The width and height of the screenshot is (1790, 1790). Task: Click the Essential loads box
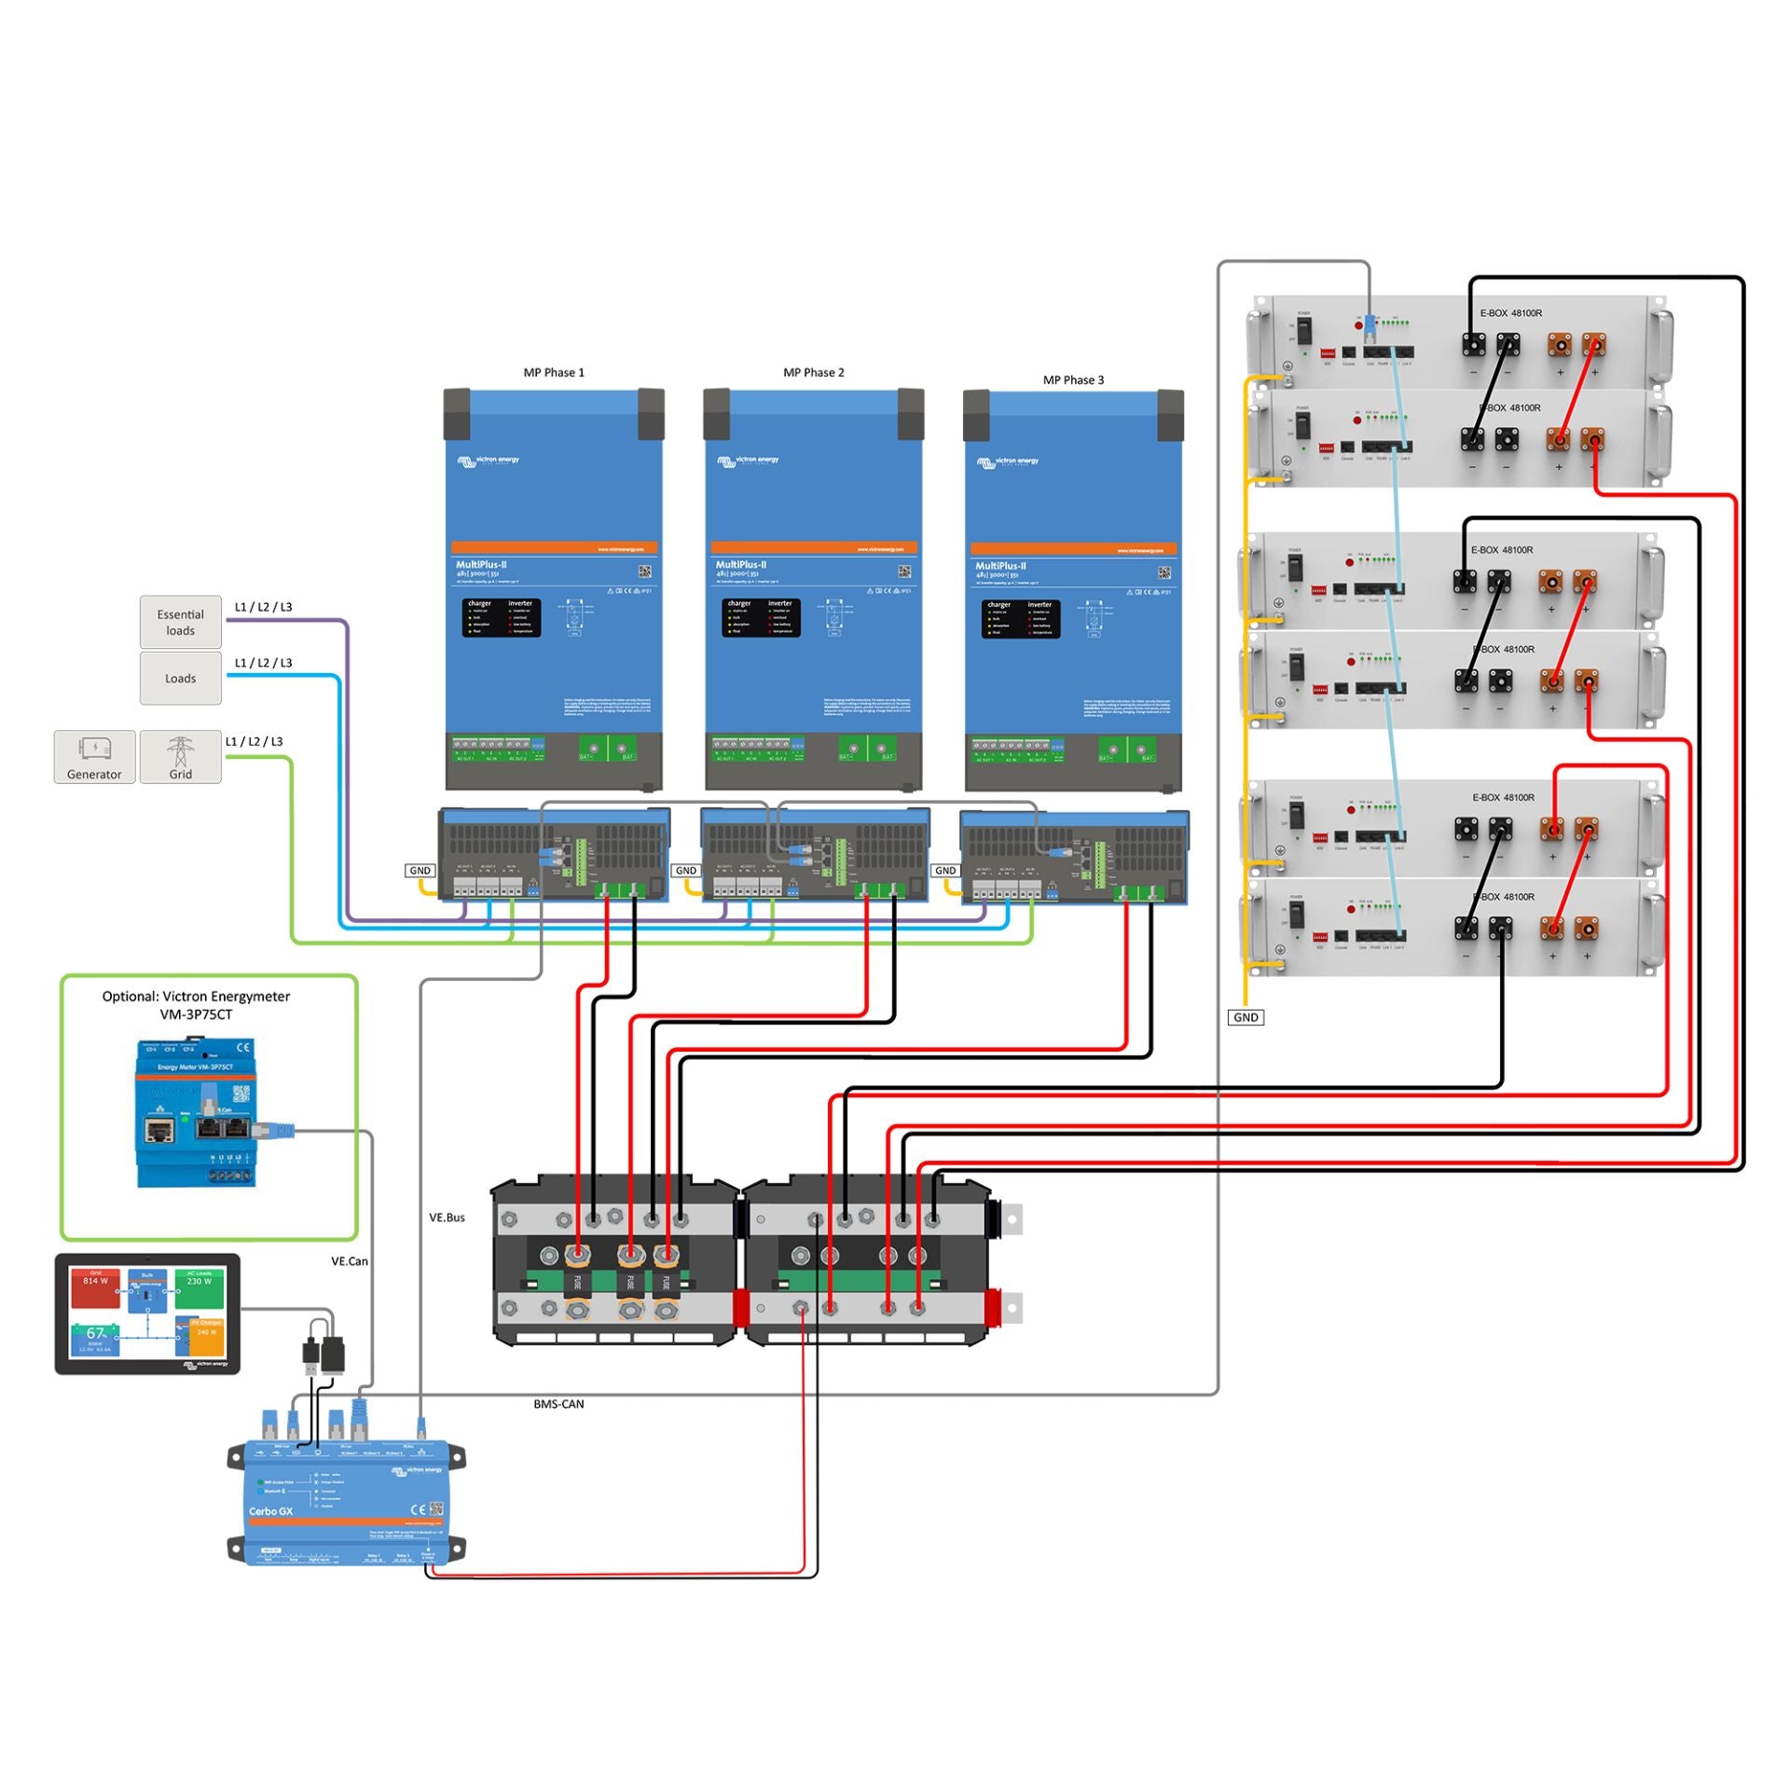pyautogui.click(x=180, y=622)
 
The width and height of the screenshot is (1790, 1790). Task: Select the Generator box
pyautogui.click(x=94, y=756)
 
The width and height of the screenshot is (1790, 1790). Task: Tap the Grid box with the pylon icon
pyautogui.click(x=180, y=756)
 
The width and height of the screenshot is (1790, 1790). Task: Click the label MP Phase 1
pyautogui.click(x=554, y=372)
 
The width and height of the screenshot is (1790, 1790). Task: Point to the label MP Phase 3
pyautogui.click(x=1073, y=379)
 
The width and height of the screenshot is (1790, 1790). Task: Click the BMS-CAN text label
pyautogui.click(x=558, y=1403)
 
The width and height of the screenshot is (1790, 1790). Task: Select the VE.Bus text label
pyautogui.click(x=447, y=1217)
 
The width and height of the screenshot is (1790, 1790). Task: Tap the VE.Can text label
pyautogui.click(x=350, y=1260)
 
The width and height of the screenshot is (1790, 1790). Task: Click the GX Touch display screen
pyautogui.click(x=147, y=1313)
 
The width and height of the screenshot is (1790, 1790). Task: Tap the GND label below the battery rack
pyautogui.click(x=1246, y=1017)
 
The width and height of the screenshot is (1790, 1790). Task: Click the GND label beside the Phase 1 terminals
pyautogui.click(x=420, y=870)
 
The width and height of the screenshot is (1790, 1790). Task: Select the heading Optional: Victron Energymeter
pyautogui.click(x=196, y=1004)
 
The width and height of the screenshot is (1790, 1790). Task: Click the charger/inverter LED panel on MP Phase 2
pyautogui.click(x=761, y=617)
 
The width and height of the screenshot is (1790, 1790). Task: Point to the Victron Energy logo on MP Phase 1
pyautogui.click(x=488, y=461)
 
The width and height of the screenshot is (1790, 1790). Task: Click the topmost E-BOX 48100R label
pyautogui.click(x=1510, y=313)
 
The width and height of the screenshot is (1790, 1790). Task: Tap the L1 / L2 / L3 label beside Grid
pyautogui.click(x=254, y=741)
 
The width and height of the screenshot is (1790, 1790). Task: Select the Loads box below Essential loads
pyautogui.click(x=180, y=678)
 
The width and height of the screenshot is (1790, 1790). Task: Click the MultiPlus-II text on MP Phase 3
pyautogui.click(x=1000, y=566)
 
